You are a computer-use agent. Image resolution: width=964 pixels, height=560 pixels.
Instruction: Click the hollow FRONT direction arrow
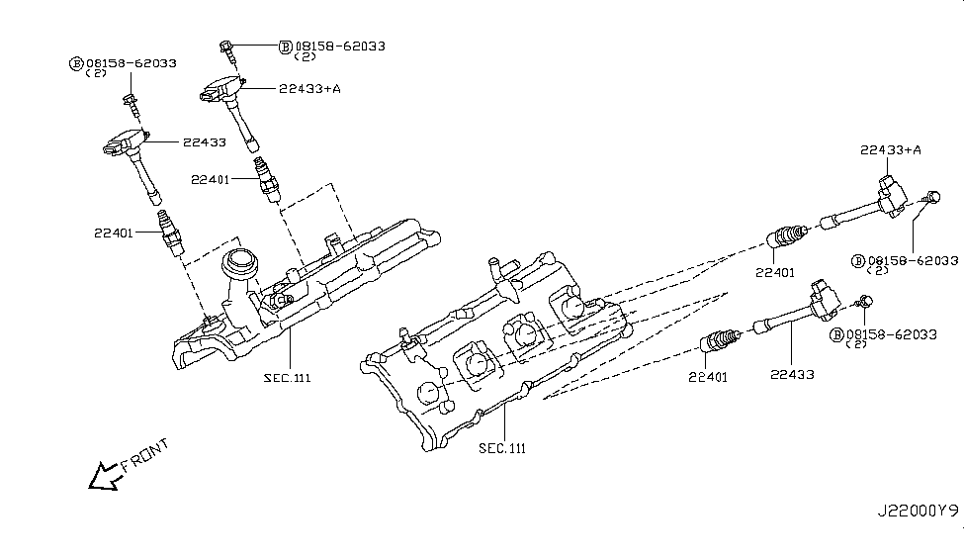[x=103, y=477]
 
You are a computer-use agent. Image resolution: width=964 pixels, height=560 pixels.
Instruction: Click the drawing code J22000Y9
[x=917, y=513]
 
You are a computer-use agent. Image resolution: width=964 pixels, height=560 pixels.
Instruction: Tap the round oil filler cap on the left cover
[x=239, y=263]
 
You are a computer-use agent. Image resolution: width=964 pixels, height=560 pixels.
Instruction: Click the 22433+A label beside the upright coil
[x=309, y=89]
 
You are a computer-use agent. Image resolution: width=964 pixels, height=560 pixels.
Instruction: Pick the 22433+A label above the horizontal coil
[x=891, y=149]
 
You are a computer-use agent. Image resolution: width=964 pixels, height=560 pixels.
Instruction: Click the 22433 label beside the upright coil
[x=204, y=142]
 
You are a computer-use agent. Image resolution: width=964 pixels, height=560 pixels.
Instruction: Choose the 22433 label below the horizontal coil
[x=792, y=375]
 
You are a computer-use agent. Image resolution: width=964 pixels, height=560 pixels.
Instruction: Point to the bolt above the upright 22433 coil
[x=129, y=99]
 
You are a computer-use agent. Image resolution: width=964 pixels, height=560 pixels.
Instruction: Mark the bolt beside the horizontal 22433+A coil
[x=930, y=197]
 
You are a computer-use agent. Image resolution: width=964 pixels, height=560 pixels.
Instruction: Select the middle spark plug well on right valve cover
[x=520, y=332]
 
